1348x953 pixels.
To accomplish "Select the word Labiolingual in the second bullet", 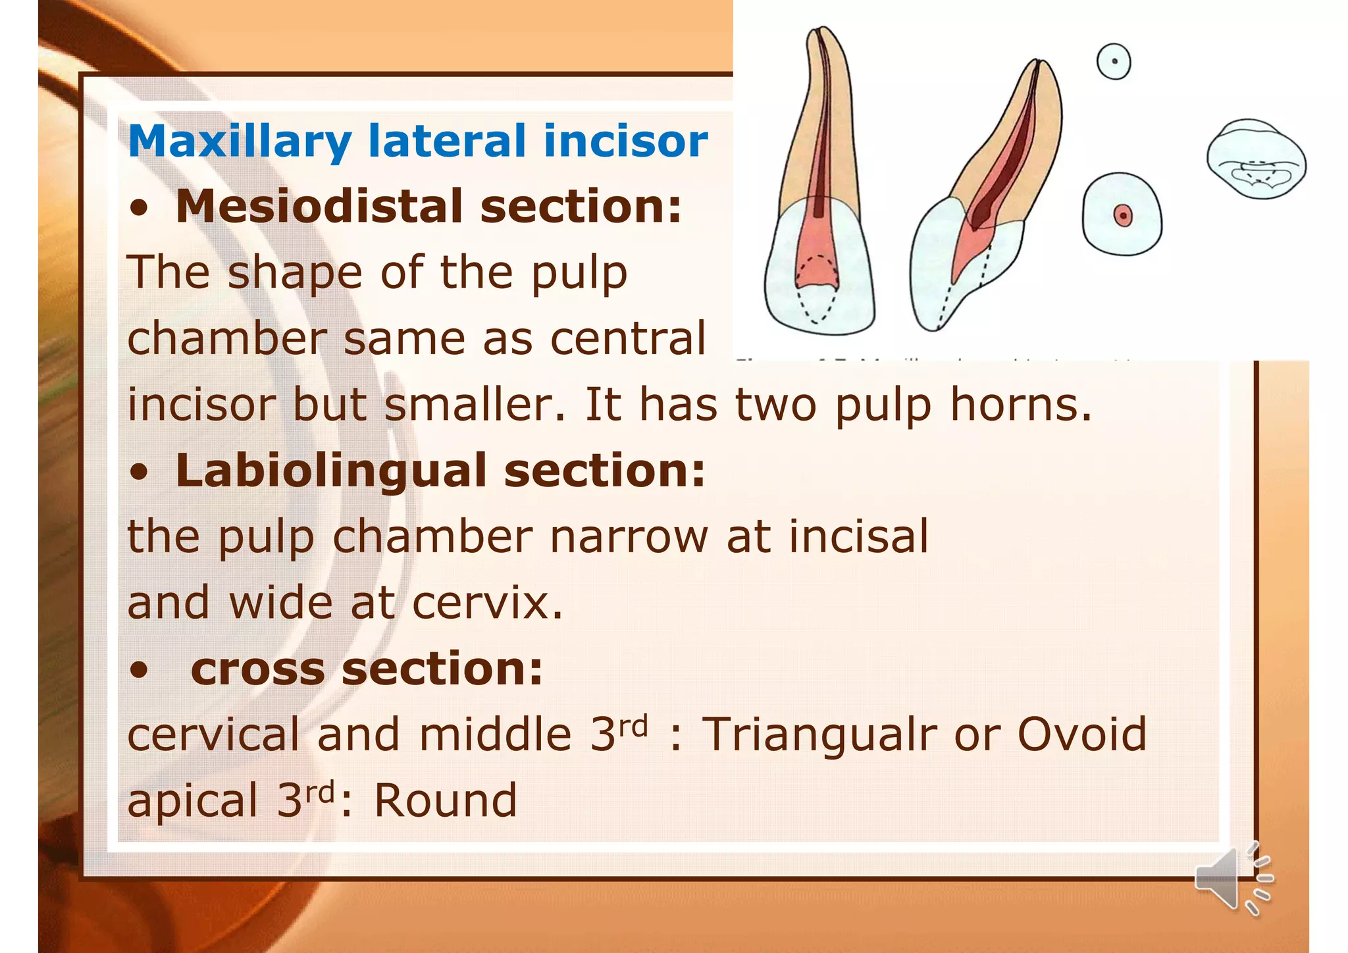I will (331, 471).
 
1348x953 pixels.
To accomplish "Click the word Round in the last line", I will (446, 801).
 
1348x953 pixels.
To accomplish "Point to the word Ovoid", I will (1081, 734).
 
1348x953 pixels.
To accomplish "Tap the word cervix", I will (488, 603).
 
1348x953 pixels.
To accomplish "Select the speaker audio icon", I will (1232, 879).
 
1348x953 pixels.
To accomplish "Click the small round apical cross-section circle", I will (1114, 62).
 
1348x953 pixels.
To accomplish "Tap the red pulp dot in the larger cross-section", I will (1122, 215).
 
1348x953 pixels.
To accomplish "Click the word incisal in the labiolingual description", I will (858, 536).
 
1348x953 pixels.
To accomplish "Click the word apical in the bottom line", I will (192, 801).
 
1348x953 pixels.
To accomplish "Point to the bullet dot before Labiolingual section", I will (139, 473).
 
